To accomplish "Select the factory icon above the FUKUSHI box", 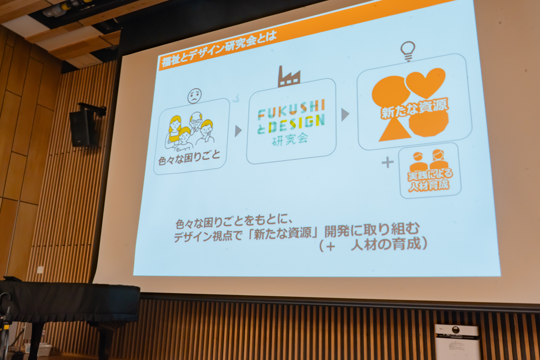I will [x=289, y=77].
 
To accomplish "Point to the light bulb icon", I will [x=408, y=51].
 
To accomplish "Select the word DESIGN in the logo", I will [x=296, y=125].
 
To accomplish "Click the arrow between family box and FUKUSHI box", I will [x=238, y=131].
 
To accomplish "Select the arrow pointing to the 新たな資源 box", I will [x=345, y=114].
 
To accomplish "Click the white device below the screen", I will [x=457, y=341].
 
